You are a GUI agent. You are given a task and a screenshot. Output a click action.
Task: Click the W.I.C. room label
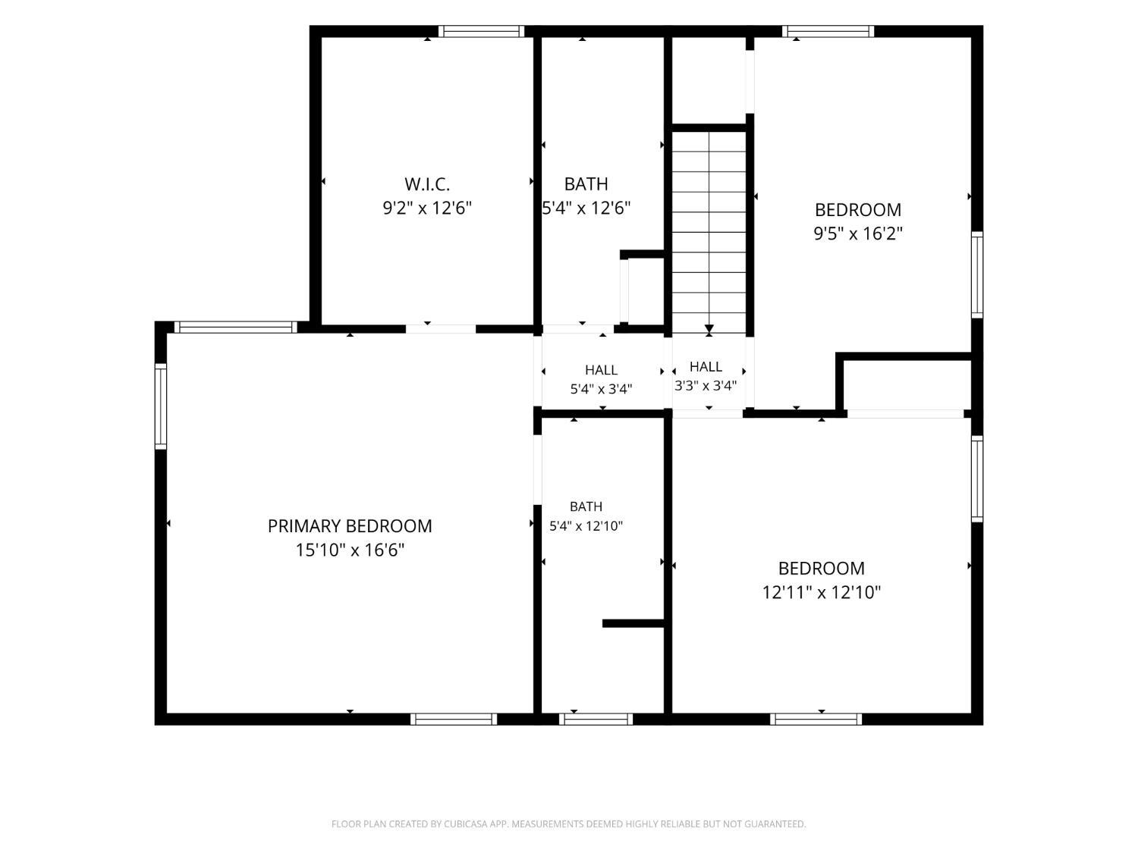click(426, 183)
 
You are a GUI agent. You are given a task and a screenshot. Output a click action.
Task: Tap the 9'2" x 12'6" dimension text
click(426, 209)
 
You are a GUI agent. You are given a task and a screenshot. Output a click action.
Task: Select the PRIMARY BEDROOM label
click(350, 526)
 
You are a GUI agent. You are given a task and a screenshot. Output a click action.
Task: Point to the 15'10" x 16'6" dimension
click(350, 550)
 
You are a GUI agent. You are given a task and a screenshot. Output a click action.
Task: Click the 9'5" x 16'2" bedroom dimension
click(857, 234)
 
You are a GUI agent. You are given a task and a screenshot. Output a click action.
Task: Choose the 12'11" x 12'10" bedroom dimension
click(821, 592)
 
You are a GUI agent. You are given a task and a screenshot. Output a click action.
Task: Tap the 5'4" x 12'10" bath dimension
click(586, 526)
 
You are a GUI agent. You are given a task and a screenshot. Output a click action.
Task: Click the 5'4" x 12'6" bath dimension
click(586, 209)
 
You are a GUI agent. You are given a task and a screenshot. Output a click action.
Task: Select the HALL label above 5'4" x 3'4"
click(601, 370)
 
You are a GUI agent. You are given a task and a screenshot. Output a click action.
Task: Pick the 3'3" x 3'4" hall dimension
click(705, 385)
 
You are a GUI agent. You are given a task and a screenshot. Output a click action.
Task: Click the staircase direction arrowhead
click(709, 328)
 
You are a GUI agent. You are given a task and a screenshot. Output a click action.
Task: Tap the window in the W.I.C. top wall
click(482, 31)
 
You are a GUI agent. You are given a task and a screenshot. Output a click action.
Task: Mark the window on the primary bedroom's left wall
click(161, 406)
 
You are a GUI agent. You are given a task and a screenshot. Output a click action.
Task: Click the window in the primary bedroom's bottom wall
click(454, 719)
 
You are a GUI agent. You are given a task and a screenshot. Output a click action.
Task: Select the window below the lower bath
click(596, 719)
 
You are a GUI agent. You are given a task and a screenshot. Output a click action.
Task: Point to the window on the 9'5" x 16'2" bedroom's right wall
click(976, 274)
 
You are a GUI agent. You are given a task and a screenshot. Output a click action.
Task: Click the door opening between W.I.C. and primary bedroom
click(441, 329)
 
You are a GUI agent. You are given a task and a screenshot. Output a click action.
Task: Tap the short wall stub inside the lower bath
click(633, 623)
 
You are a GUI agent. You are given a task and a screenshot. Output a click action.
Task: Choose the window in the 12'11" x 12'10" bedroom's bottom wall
click(816, 719)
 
